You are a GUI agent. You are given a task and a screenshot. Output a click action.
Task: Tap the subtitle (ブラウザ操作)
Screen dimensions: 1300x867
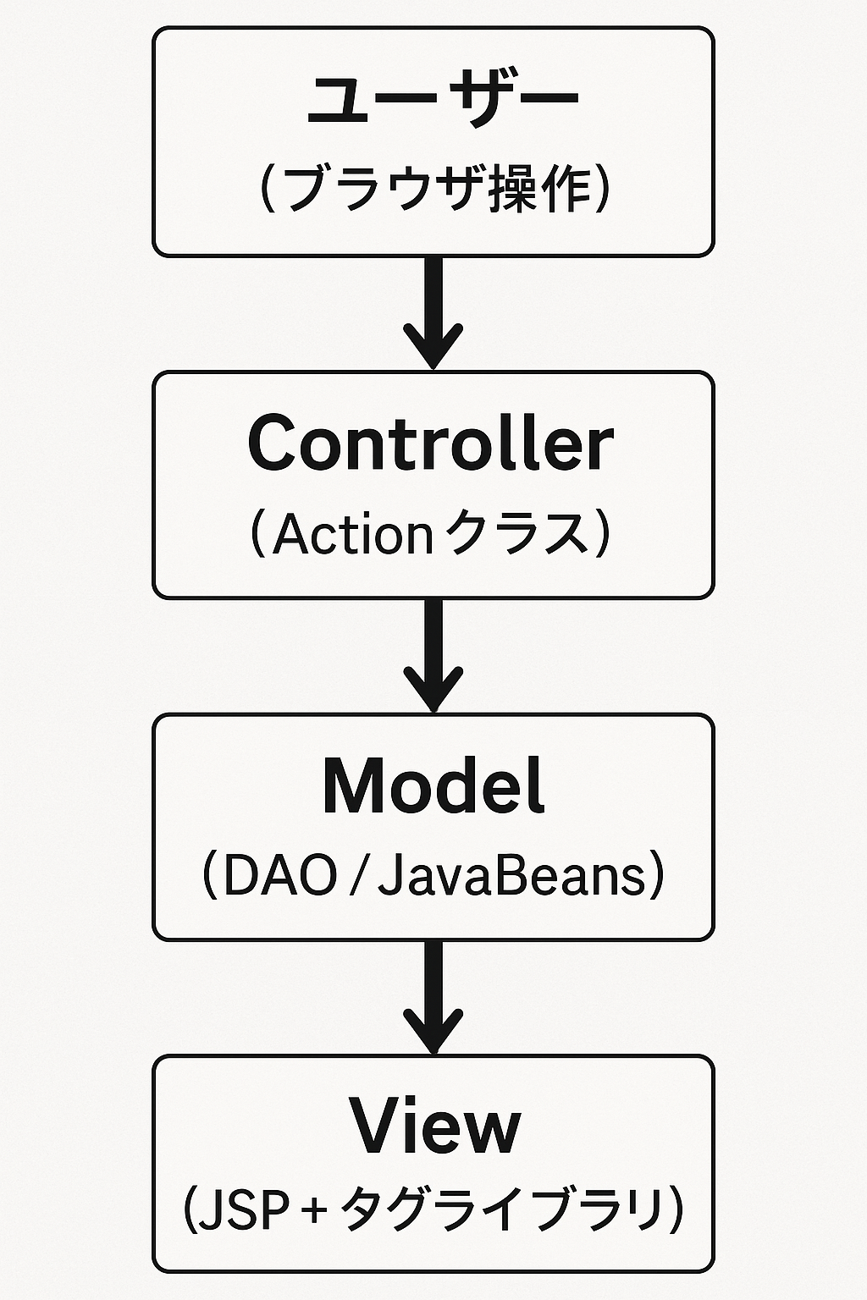pos(433,188)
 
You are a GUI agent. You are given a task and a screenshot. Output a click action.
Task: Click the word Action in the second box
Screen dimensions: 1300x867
pos(353,535)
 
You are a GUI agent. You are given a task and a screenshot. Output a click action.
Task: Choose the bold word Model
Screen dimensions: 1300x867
pos(433,786)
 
